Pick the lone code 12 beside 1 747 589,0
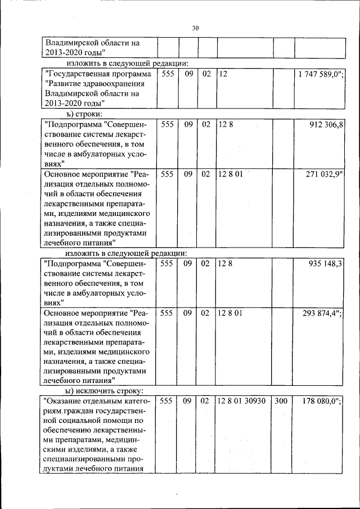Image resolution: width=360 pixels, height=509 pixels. click(223, 74)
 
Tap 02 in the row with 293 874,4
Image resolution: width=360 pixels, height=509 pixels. click(205, 313)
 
